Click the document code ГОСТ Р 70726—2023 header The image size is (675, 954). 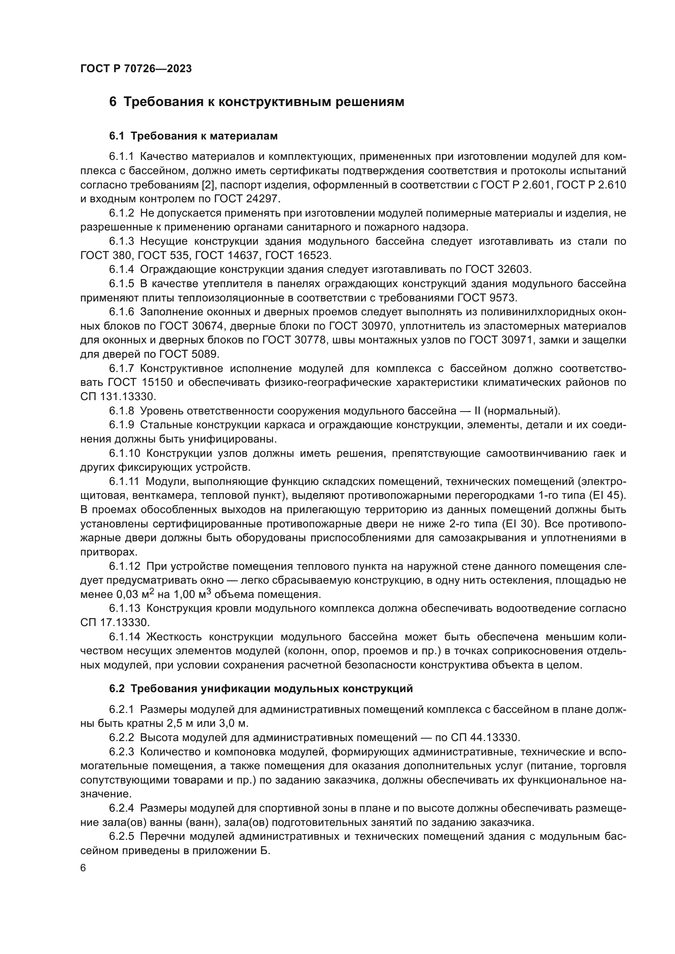pos(136,69)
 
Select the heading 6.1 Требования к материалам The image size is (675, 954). pos(193,136)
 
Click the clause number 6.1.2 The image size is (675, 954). pos(121,213)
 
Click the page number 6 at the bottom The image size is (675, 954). pos(83,868)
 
